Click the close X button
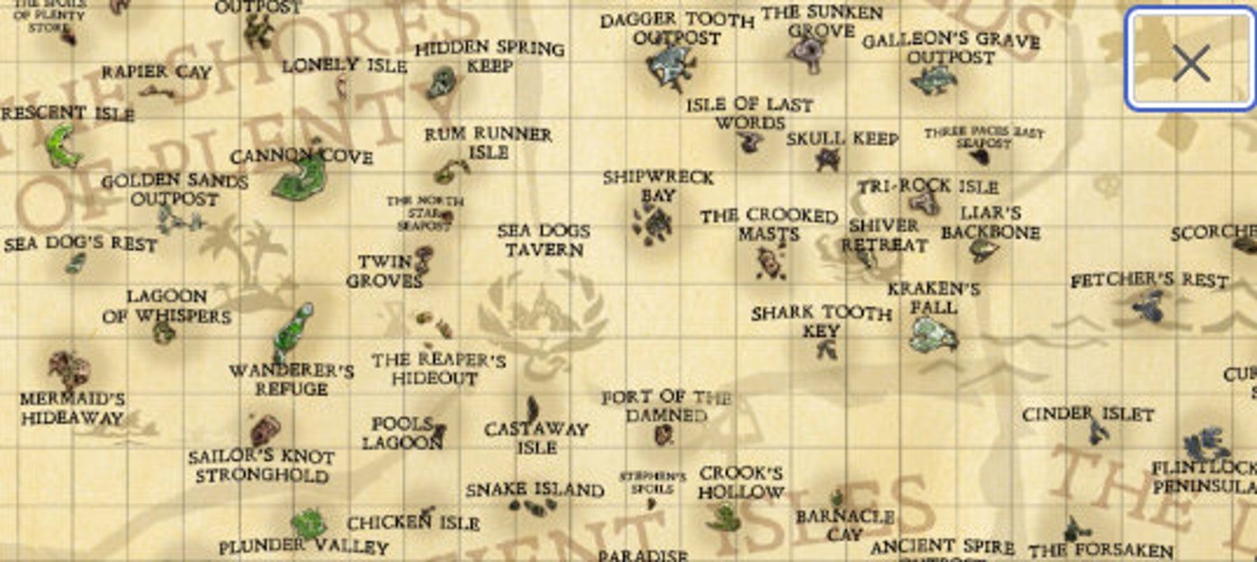pyautogui.click(x=1191, y=62)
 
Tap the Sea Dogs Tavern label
pyautogui.click(x=544, y=240)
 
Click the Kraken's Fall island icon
pyautogui.click(x=932, y=335)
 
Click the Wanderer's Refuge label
pyautogui.click(x=291, y=379)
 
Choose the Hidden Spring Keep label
pyautogui.click(x=489, y=57)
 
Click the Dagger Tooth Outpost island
pyautogui.click(x=671, y=64)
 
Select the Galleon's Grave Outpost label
pyautogui.click(x=951, y=48)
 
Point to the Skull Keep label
pyautogui.click(x=841, y=139)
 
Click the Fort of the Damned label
pyautogui.click(x=666, y=405)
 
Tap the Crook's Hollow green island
pyautogui.click(x=723, y=517)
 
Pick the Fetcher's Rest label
pyautogui.click(x=1149, y=280)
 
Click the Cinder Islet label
pyautogui.click(x=1088, y=414)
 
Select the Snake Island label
pyautogui.click(x=534, y=490)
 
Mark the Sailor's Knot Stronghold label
pyautogui.click(x=261, y=465)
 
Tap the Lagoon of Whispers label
pyautogui.click(x=166, y=306)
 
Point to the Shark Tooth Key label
pyautogui.click(x=821, y=321)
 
